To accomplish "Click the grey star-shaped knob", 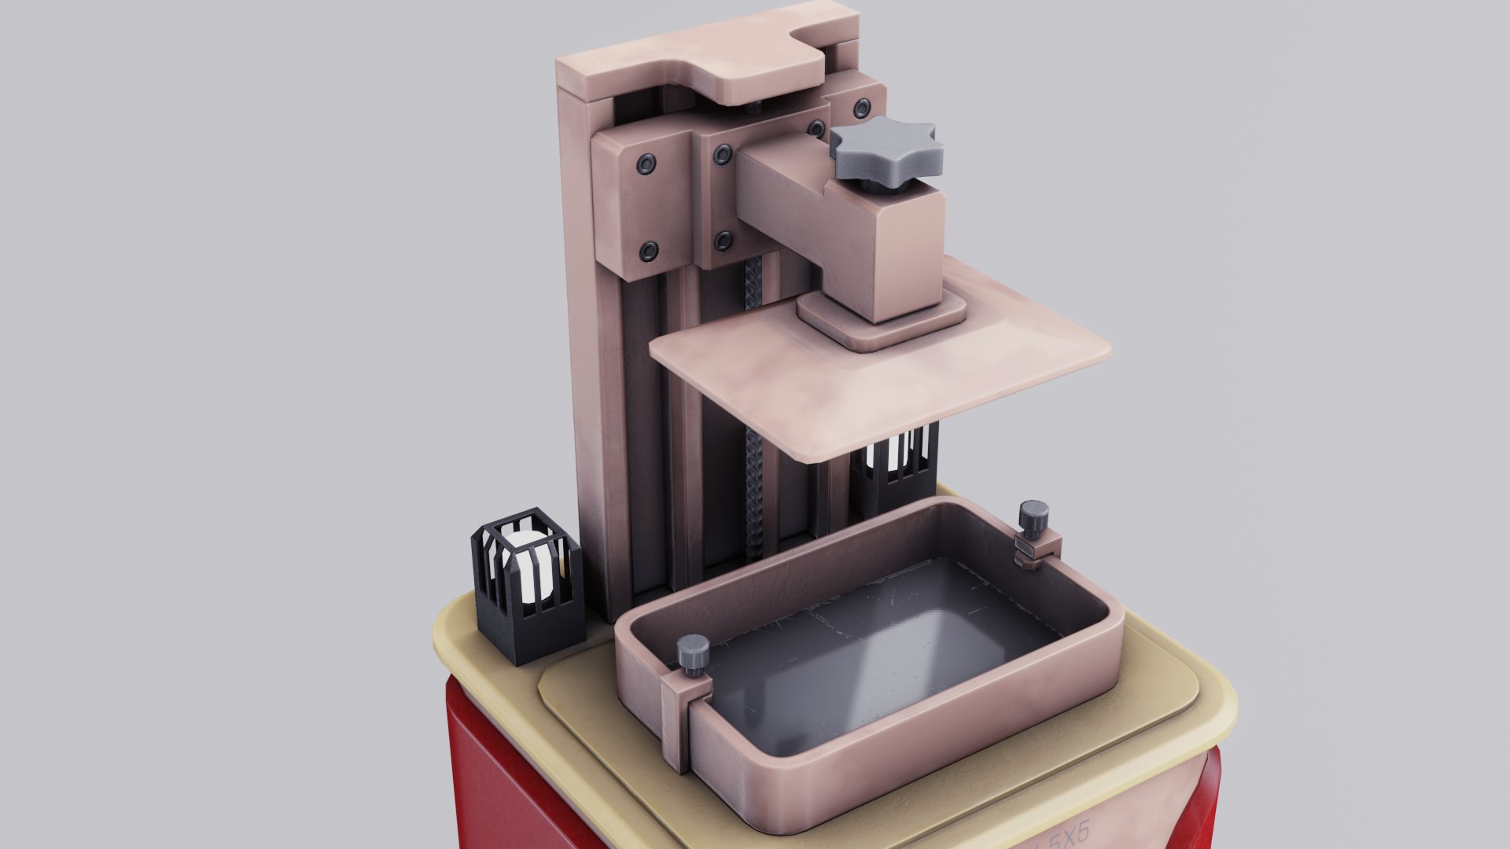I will [886, 150].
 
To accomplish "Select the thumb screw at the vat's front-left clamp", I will [694, 652].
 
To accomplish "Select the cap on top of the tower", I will [700, 63].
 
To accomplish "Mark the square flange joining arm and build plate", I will [881, 319].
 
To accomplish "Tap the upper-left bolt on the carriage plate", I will [646, 163].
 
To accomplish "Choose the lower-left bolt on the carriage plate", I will [648, 251].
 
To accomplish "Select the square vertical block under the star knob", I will [904, 252].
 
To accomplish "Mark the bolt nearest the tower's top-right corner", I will [863, 106].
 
